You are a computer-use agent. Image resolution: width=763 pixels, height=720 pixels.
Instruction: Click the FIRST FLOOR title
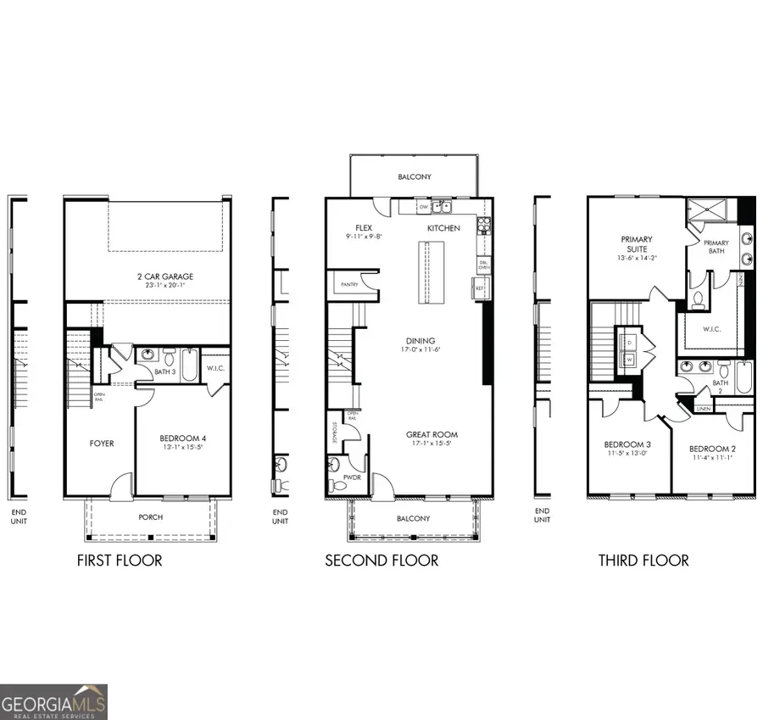[x=119, y=561]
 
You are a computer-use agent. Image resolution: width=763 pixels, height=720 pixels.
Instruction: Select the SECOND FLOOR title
[x=381, y=561]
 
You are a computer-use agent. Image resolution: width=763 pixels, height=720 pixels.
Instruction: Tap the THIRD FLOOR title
[x=643, y=561]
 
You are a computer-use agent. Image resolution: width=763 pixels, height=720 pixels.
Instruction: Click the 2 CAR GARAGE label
[x=165, y=276]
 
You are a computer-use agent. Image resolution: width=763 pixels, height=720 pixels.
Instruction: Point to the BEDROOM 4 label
[x=183, y=438]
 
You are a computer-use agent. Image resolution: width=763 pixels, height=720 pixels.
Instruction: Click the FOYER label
[x=102, y=444]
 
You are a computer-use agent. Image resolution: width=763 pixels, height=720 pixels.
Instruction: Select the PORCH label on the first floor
[x=150, y=517]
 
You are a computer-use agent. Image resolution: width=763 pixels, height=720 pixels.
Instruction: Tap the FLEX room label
[x=364, y=228]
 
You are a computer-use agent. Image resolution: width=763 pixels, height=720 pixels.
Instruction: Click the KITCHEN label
[x=443, y=228]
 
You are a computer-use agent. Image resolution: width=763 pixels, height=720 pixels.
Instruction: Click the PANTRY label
[x=348, y=285]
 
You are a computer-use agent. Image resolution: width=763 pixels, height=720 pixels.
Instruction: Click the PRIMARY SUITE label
[x=636, y=244]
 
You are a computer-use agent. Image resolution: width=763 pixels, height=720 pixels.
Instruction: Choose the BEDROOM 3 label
[x=627, y=445]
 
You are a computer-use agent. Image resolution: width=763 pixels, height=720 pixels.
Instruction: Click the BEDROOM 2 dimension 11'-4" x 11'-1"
[x=710, y=458]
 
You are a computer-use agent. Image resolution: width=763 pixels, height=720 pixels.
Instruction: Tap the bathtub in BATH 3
[x=189, y=366]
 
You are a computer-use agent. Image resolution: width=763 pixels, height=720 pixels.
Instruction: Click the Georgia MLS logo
[x=54, y=702]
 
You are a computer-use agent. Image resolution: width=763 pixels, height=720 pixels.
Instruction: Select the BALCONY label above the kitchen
[x=415, y=177]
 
